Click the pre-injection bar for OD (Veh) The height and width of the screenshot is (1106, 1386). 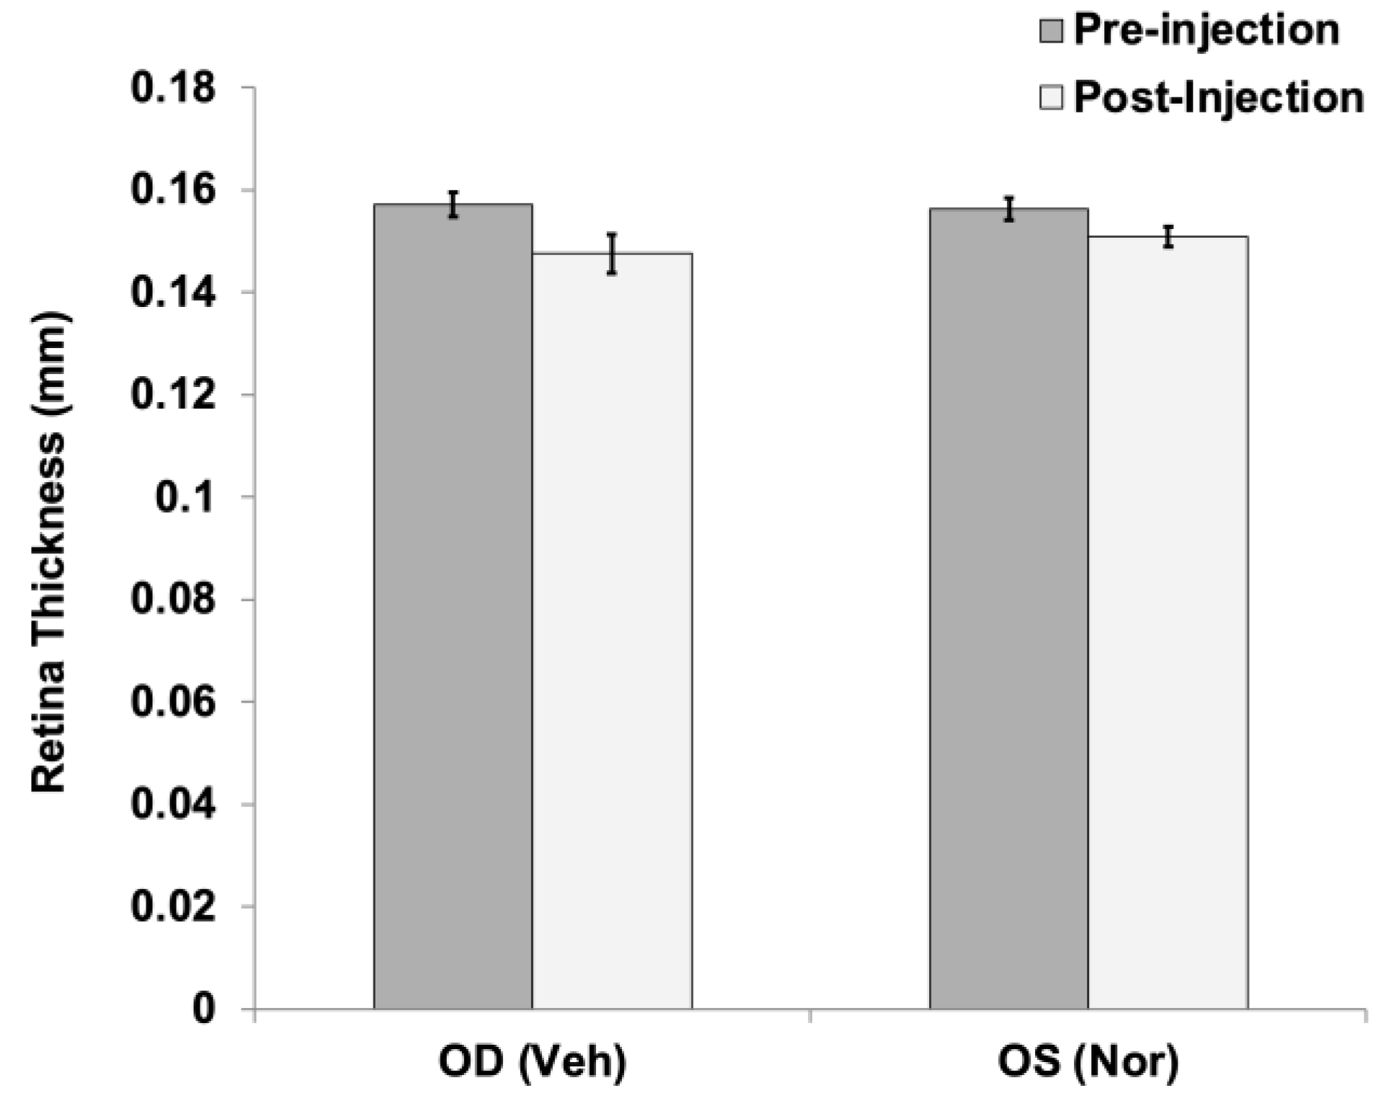pyautogui.click(x=453, y=605)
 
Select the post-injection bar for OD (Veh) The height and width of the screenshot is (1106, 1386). pyautogui.click(x=612, y=630)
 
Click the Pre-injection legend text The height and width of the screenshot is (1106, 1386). pyautogui.click(x=1206, y=30)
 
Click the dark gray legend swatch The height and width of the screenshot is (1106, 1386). pyautogui.click(x=1052, y=31)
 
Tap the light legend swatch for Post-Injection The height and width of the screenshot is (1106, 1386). pyautogui.click(x=1052, y=97)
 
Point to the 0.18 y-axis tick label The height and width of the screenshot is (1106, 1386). pyautogui.click(x=173, y=89)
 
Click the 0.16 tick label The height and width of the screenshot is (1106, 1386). pyautogui.click(x=173, y=191)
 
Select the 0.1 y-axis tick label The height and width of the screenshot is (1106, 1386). pyautogui.click(x=185, y=497)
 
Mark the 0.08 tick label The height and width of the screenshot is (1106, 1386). pyautogui.click(x=173, y=599)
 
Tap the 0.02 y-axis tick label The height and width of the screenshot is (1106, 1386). pyautogui.click(x=173, y=906)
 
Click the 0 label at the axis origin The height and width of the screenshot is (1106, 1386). pyautogui.click(x=203, y=1009)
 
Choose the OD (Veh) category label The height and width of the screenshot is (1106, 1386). pyautogui.click(x=533, y=1062)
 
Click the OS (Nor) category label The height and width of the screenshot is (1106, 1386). pyautogui.click(x=1088, y=1062)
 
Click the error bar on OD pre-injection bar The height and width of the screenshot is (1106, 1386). pyautogui.click(x=453, y=205)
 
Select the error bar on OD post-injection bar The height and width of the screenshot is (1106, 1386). pyautogui.click(x=612, y=254)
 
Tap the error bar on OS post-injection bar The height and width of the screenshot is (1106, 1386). pyautogui.click(x=1168, y=236)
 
